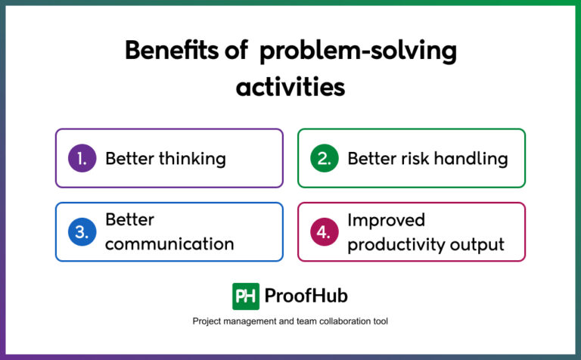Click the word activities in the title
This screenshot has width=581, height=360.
click(290, 86)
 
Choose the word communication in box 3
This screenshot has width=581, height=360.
click(169, 244)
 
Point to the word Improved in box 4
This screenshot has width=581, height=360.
click(386, 220)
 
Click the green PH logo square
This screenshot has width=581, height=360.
click(246, 296)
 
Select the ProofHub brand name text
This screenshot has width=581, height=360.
click(306, 296)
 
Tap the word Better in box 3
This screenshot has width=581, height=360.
click(129, 220)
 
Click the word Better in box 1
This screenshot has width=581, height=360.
click(129, 158)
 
